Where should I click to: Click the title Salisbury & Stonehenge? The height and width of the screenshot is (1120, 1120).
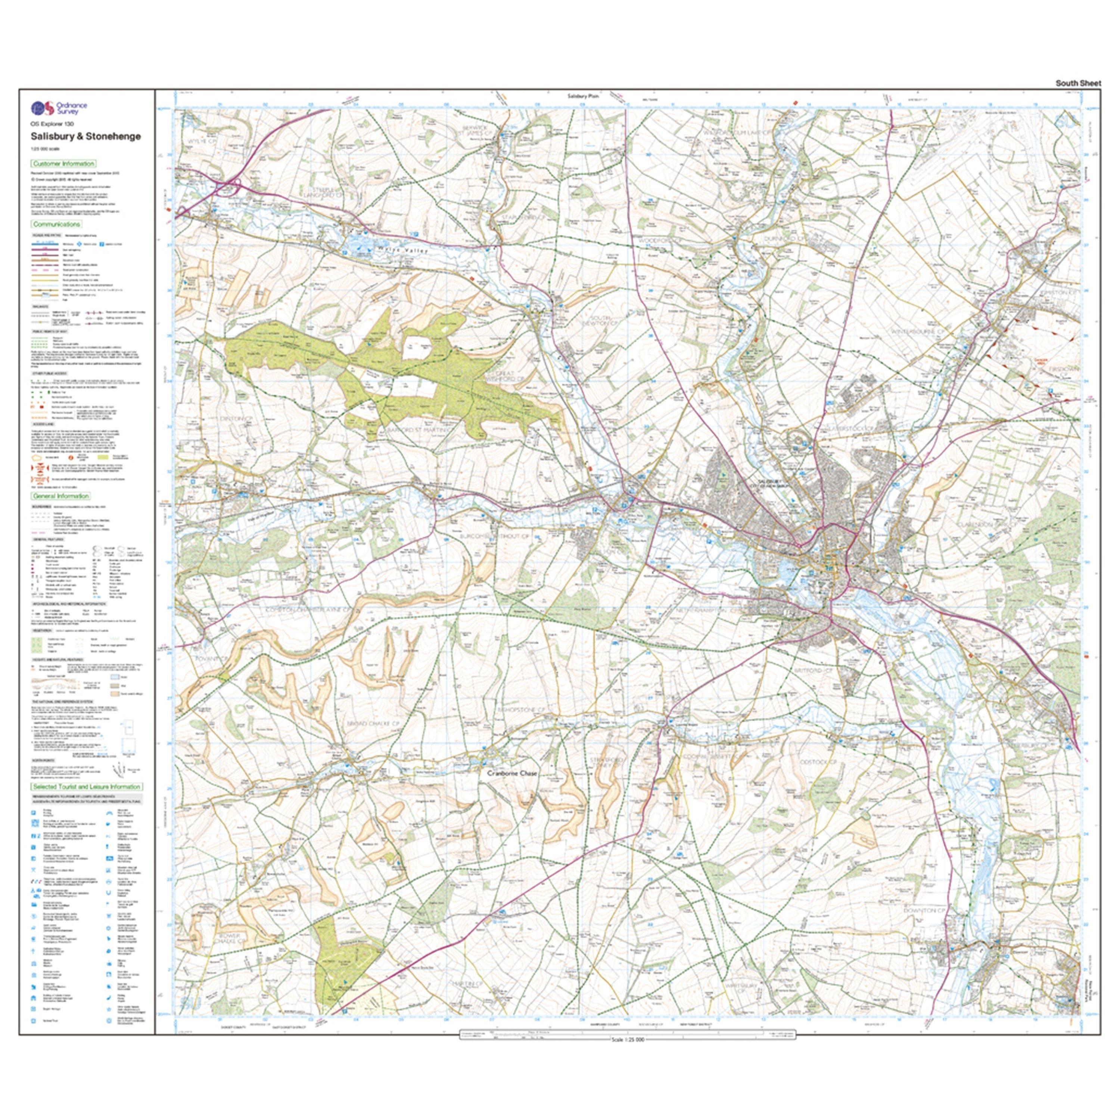(86, 136)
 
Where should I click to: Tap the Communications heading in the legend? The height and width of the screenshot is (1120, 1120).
(56, 224)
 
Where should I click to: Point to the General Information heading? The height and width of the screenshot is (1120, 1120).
(61, 496)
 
